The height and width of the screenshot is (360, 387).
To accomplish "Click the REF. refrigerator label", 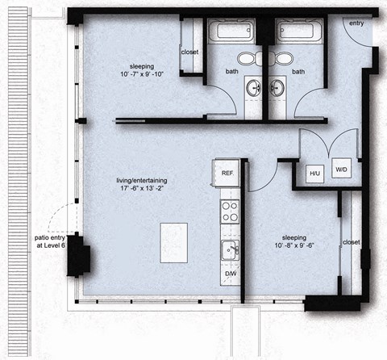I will [227, 173].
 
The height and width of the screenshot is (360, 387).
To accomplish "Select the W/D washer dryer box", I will [341, 170].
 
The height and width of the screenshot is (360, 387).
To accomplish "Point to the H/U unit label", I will [314, 171].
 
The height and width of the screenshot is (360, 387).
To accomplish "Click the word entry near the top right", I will [356, 23].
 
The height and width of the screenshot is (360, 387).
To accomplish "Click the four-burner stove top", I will [230, 211].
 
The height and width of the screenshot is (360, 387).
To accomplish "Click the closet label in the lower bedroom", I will [351, 242].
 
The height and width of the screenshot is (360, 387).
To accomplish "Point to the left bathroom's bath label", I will [232, 71].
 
